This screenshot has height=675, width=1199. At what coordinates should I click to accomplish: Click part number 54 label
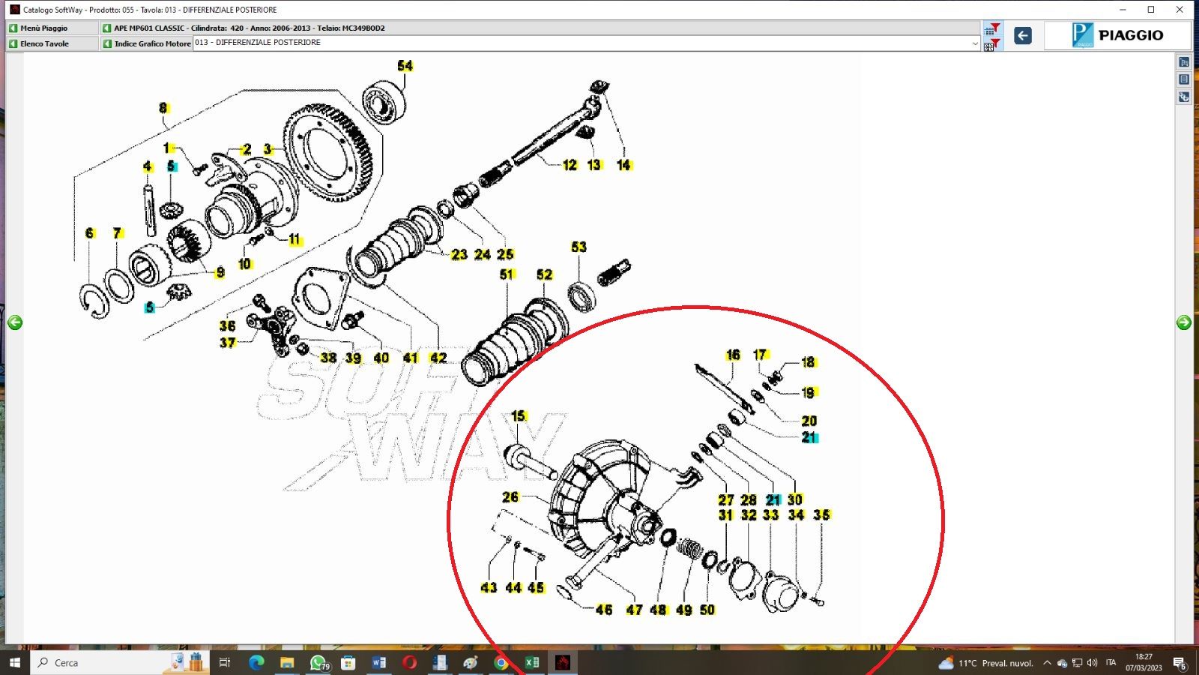coord(405,66)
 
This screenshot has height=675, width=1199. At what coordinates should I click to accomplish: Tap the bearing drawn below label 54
coord(384,103)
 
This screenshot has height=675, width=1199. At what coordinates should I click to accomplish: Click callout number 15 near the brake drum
coord(519,415)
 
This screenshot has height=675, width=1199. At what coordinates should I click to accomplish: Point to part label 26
coord(510,496)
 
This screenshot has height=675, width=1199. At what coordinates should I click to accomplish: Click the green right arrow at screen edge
coord(1184,322)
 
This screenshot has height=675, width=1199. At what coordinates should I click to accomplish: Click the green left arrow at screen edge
coord(15,322)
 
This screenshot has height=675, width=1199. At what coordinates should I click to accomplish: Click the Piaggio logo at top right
coord(1117,35)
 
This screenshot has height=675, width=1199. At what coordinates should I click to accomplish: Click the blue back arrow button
coord(1022,35)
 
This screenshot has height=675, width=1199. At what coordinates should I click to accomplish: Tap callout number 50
coord(707,610)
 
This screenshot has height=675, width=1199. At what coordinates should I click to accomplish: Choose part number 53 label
coord(579,247)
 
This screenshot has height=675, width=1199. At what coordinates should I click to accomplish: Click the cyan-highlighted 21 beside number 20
coord(809,437)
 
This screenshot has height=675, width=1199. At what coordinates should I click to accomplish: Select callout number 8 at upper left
coord(163,108)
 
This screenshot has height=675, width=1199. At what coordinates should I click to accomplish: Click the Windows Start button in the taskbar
coord(14,662)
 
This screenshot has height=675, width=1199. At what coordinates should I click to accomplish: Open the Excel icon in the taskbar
coord(532,662)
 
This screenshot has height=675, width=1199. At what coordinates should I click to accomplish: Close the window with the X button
coord(1180,10)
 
